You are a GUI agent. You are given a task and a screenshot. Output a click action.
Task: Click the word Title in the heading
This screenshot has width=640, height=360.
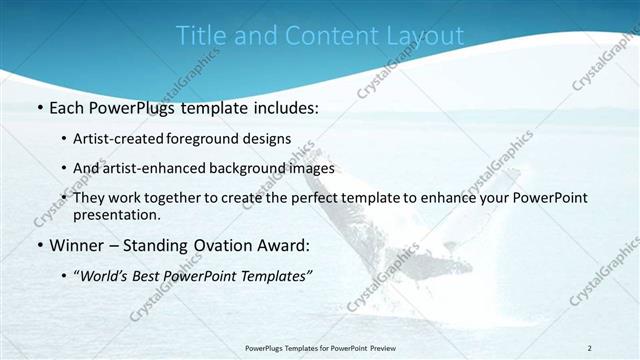(198, 35)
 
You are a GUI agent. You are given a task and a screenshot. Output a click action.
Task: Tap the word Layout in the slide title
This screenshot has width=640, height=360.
(425, 35)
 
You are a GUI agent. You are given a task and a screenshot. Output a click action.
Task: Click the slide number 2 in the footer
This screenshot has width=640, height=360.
(589, 347)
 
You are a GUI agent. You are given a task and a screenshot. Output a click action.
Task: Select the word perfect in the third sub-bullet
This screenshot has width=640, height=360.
(329, 198)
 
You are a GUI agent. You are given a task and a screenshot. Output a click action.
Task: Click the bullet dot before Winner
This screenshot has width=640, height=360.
(39, 245)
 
